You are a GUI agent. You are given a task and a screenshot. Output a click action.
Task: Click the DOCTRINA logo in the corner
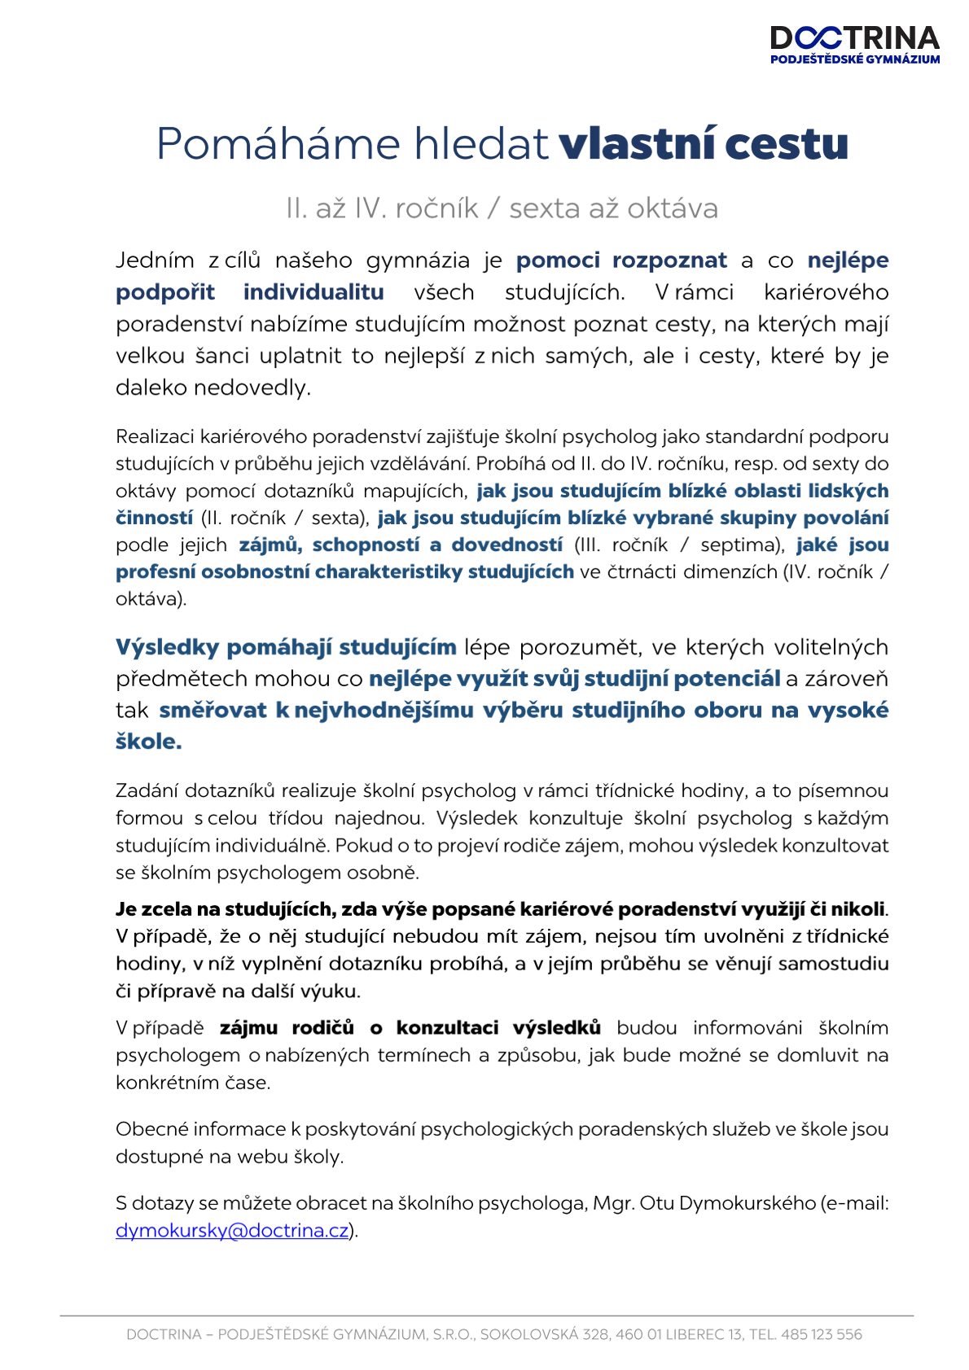854,44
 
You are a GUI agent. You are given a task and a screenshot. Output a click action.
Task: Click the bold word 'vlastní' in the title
637,144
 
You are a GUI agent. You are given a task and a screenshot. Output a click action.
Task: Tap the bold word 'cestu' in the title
787,144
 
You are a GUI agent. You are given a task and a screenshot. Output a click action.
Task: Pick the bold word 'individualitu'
313,292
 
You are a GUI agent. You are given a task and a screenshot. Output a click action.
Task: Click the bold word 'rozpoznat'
669,260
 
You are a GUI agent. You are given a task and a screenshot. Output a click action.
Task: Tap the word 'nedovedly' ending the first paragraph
252,387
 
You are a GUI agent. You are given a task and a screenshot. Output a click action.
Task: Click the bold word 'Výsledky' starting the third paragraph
167,648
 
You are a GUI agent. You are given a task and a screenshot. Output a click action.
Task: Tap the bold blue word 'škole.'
148,742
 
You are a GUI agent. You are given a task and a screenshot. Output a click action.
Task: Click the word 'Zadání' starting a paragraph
147,791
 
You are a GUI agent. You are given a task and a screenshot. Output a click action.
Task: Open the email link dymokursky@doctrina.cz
232,1231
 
